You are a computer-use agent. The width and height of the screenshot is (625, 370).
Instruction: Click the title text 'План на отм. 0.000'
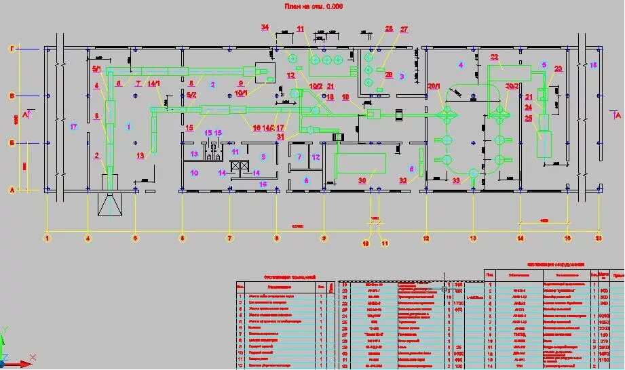312,6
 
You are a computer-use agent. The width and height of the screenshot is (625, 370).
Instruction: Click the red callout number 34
265,27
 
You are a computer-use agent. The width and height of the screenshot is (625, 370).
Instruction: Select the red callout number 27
404,29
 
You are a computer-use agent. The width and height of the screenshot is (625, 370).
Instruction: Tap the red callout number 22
494,57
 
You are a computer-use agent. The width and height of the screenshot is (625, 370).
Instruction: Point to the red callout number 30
362,180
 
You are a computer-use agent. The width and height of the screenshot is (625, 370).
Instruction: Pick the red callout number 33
456,180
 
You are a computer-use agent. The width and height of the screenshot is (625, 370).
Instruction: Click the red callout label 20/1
434,87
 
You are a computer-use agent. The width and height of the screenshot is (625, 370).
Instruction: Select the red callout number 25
528,119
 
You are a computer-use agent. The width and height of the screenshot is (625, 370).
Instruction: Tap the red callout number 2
97,156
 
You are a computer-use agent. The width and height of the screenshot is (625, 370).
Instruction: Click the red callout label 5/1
96,69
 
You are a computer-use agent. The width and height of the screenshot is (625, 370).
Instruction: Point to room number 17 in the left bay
74,127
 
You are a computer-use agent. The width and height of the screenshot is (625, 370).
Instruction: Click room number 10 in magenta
194,173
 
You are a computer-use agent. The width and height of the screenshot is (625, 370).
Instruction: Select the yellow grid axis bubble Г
12,49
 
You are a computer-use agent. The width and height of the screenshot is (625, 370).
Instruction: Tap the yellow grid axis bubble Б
12,143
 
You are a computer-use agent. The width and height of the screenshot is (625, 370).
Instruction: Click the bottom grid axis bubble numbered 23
599,238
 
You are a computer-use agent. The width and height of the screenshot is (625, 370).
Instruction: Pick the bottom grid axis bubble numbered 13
473,238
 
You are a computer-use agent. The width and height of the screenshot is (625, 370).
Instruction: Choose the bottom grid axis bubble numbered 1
47,238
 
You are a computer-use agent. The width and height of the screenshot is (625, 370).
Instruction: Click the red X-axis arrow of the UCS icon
26,364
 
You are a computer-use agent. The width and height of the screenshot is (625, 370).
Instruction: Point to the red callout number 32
403,180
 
